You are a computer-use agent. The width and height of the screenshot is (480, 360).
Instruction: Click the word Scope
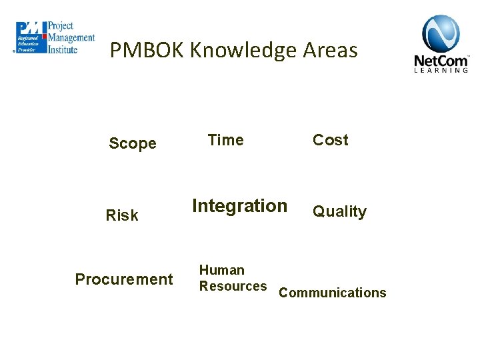(x=133, y=143)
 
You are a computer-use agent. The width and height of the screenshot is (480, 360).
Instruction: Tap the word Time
(x=225, y=140)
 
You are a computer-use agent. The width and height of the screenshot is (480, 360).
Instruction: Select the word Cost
(x=331, y=140)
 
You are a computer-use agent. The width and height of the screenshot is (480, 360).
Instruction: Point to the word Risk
(x=123, y=215)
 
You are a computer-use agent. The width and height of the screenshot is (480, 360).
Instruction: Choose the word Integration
(x=239, y=206)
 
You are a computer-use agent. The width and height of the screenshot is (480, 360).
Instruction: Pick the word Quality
(x=340, y=212)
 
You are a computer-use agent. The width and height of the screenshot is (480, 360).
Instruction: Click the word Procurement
(x=124, y=279)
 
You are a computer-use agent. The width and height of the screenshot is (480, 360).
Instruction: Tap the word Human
(x=222, y=270)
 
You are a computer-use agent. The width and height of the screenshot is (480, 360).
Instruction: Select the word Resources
(x=233, y=286)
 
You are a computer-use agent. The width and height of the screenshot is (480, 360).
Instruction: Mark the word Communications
(x=332, y=293)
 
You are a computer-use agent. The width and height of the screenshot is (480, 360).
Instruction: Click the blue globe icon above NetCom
(x=441, y=34)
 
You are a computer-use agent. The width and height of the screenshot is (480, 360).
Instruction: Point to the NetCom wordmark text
(x=441, y=61)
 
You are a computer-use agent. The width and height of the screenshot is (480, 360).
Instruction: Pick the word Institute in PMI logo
(x=63, y=48)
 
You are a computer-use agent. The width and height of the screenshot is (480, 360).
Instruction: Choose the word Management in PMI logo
(x=71, y=37)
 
